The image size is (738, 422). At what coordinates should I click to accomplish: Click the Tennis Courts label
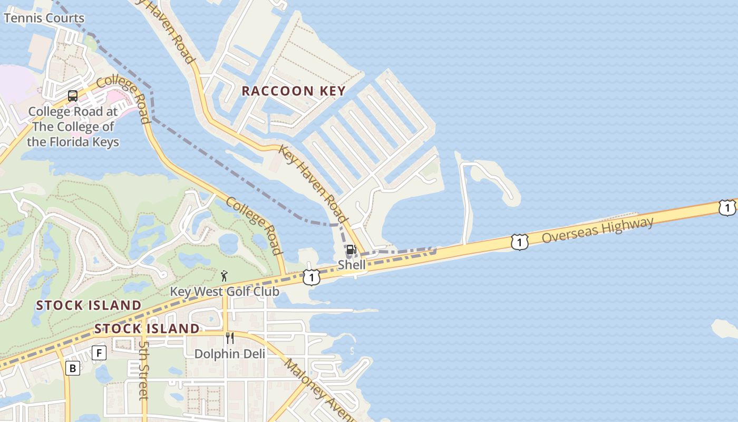pyautogui.click(x=44, y=18)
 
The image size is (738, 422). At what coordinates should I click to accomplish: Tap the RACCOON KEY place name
pyautogui.click(x=294, y=91)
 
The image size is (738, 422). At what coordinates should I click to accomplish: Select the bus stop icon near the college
pyautogui.click(x=73, y=96)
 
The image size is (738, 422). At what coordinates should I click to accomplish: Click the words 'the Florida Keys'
pyautogui.click(x=73, y=142)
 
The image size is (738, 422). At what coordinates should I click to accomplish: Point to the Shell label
pyautogui.click(x=352, y=265)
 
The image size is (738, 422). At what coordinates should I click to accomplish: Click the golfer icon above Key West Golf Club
pyautogui.click(x=225, y=276)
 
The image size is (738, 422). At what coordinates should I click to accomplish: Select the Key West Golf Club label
pyautogui.click(x=225, y=292)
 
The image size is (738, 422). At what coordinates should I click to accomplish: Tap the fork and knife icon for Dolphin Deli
pyautogui.click(x=230, y=338)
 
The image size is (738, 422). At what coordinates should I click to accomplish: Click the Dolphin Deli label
pyautogui.click(x=230, y=353)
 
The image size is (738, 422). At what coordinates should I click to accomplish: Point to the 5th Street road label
pyautogui.click(x=144, y=370)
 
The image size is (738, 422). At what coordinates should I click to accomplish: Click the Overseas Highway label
pyautogui.click(x=598, y=231)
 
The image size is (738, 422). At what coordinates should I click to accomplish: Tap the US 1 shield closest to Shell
pyautogui.click(x=312, y=277)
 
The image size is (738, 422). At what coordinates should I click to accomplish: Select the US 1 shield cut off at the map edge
pyautogui.click(x=728, y=207)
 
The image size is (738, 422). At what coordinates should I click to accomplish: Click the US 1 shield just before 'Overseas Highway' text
pyautogui.click(x=519, y=242)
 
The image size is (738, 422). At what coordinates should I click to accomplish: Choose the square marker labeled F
pyautogui.click(x=99, y=353)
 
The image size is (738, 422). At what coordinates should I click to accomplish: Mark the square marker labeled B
pyautogui.click(x=73, y=368)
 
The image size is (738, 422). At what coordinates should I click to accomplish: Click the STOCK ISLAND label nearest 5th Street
pyautogui.click(x=147, y=329)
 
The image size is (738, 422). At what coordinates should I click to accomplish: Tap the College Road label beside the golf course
pyautogui.click(x=255, y=226)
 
